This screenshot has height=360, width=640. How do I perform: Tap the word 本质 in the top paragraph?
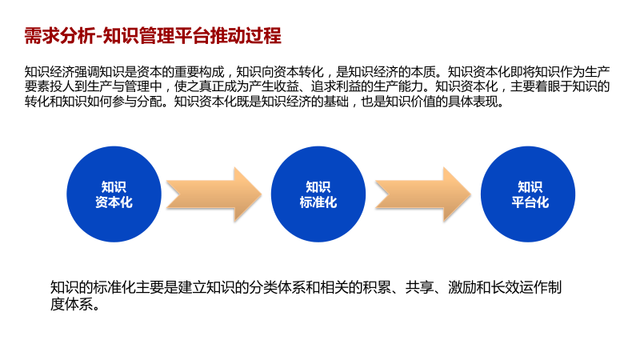click(422, 70)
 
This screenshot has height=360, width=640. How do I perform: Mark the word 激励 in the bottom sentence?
click(462, 287)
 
